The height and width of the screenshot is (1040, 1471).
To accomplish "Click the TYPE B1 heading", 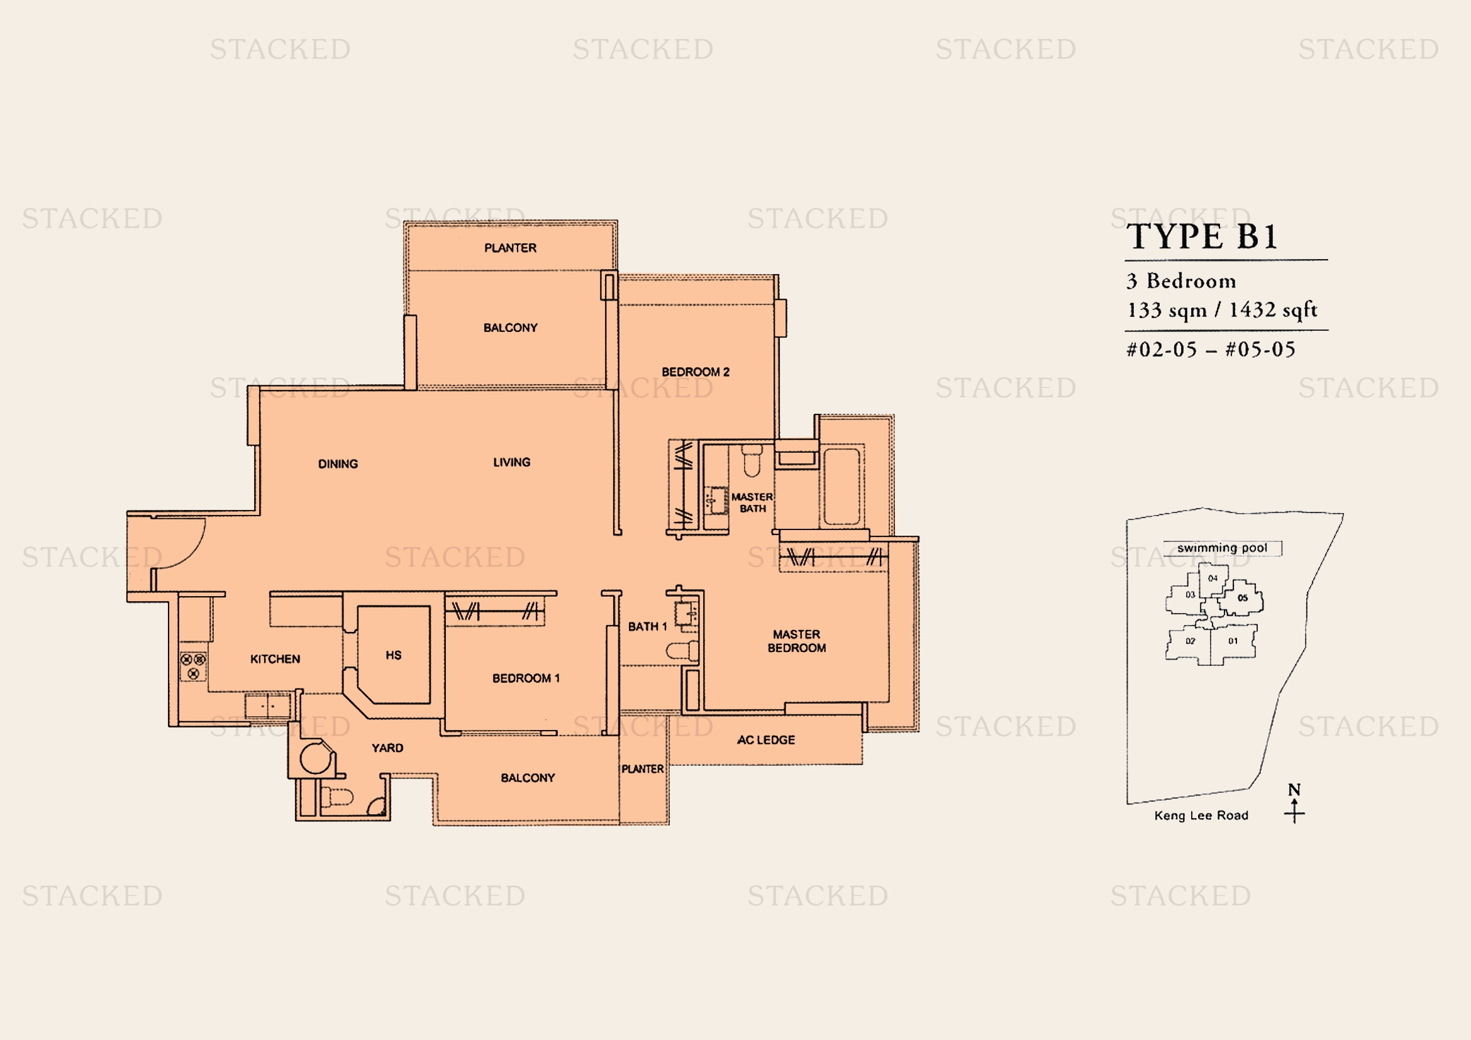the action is point(1202,236).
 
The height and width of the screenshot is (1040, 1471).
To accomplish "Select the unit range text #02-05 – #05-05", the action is point(1211,349).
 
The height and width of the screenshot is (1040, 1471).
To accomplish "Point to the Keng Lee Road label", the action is point(1201,816).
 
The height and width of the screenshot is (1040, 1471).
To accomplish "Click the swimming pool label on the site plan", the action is point(1223,548).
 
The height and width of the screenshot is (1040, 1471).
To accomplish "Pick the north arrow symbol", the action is point(1294,803).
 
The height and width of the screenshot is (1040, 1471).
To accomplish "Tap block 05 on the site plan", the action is point(1241,598).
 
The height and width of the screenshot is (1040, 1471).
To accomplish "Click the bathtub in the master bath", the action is point(841,487).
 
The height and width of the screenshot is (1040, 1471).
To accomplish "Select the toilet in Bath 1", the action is point(682,651).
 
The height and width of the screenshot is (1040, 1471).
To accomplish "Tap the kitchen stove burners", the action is point(194,666).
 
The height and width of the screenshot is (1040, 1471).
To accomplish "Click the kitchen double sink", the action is point(269,706).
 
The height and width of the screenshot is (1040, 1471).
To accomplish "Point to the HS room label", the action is point(393,655).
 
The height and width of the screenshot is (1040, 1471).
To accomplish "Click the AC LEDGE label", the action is point(766,739).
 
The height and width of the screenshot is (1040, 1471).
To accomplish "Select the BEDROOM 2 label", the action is point(696,372).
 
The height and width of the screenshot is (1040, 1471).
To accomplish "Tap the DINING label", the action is point(338,463).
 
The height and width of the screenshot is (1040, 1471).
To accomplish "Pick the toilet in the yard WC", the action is point(337,797).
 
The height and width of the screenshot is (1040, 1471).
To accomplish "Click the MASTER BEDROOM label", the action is point(797,641).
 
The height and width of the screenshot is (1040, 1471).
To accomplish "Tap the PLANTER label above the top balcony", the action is point(511,248).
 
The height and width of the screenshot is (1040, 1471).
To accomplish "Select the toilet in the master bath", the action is point(752,459).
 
